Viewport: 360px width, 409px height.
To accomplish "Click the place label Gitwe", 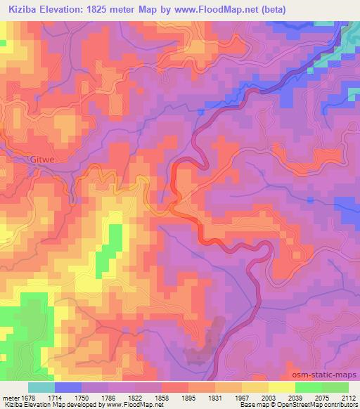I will click(x=41, y=160).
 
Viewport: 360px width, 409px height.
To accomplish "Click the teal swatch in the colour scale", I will click(x=41, y=387).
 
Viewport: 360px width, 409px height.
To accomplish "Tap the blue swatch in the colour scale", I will click(x=68, y=387).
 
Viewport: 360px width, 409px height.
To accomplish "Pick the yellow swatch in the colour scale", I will click(x=282, y=387).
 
